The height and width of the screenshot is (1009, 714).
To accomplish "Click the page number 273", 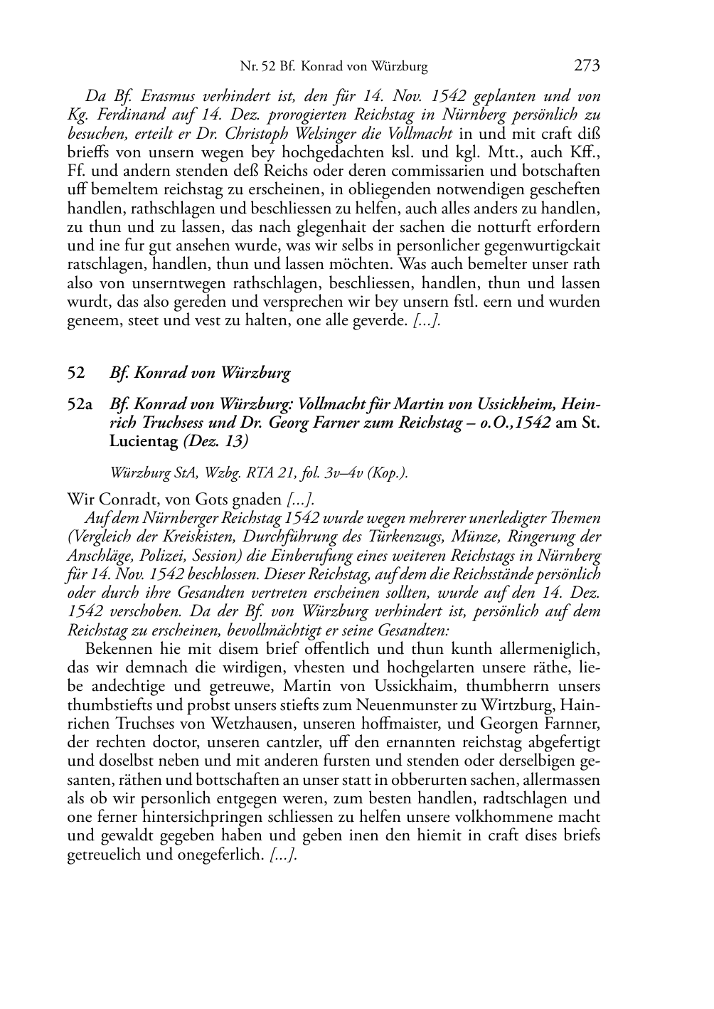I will tap(587, 66).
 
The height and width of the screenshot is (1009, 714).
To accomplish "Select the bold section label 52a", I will tap(80, 404).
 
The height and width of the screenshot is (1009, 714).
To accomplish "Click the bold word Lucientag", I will tap(144, 441).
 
